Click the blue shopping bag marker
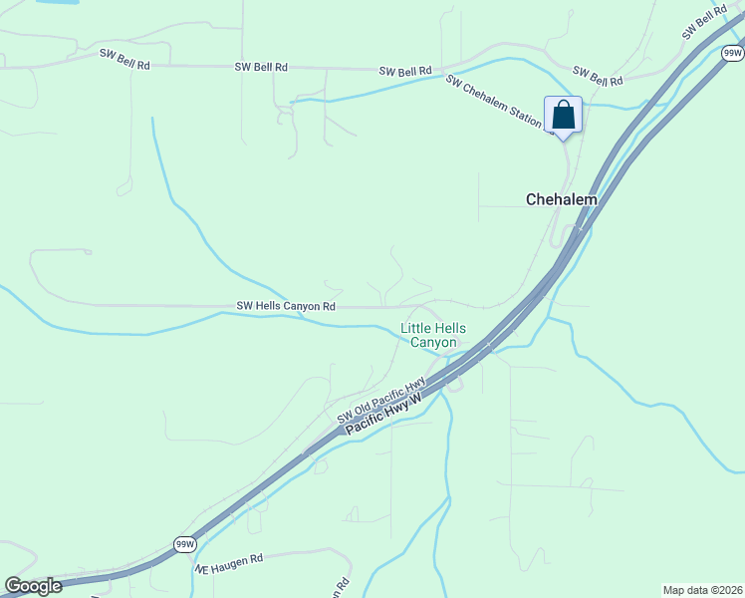pyautogui.click(x=563, y=116)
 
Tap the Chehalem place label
pyautogui.click(x=562, y=199)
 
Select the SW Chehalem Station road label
pyautogui.click(x=499, y=104)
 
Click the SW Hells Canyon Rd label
pyautogui.click(x=286, y=306)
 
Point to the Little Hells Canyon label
pyautogui.click(x=433, y=335)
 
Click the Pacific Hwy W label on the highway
pyautogui.click(x=384, y=411)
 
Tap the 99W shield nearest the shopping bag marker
pyautogui.click(x=733, y=52)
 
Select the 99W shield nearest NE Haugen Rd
pyautogui.click(x=185, y=544)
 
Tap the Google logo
pyautogui.click(x=33, y=586)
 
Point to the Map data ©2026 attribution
pyautogui.click(x=702, y=590)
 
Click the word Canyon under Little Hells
pyautogui.click(x=433, y=342)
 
